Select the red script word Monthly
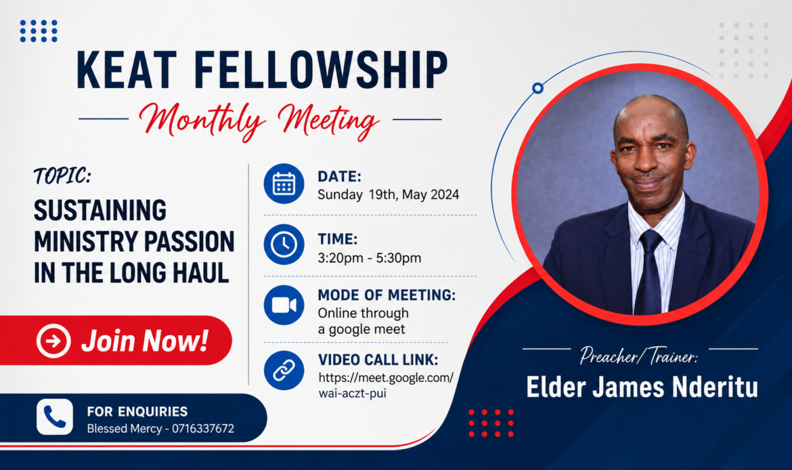point(202,121)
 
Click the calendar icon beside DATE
point(284,184)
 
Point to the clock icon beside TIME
point(284,244)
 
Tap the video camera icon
point(284,305)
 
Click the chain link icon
point(284,370)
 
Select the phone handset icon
point(55,417)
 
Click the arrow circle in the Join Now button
point(53,341)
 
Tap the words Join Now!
point(145,341)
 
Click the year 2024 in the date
point(445,194)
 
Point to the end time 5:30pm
point(399,258)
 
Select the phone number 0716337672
point(203,429)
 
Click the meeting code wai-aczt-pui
point(352,393)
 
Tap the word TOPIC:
point(63,176)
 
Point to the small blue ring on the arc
point(538,89)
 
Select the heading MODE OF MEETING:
point(387,295)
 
